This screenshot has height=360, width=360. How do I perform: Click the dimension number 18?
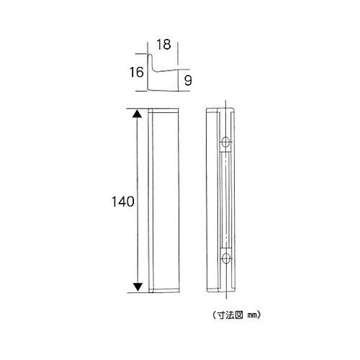(163, 45)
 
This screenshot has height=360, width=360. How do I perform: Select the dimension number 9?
(187, 81)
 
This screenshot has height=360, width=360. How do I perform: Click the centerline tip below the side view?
(228, 298)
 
